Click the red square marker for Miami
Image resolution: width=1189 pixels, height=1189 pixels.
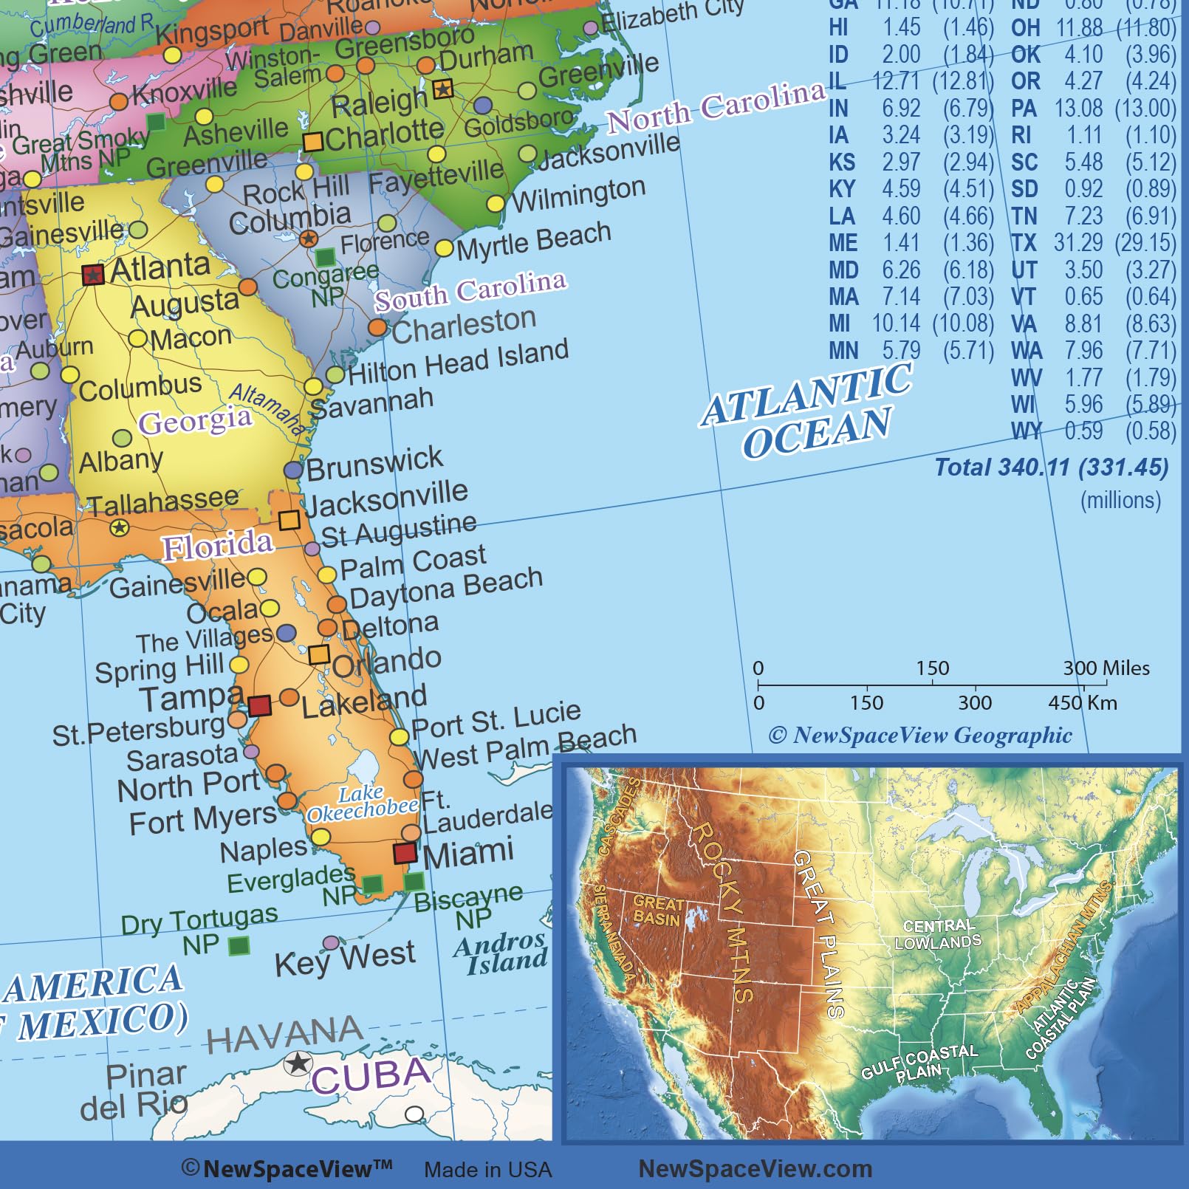pyautogui.click(x=405, y=852)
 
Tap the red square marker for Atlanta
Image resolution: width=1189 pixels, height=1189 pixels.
pyautogui.click(x=92, y=275)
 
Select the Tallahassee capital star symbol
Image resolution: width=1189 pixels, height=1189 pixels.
pyautogui.click(x=119, y=527)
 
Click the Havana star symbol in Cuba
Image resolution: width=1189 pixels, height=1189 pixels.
pyautogui.click(x=298, y=1063)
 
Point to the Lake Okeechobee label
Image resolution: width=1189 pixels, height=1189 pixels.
pyautogui.click(x=362, y=803)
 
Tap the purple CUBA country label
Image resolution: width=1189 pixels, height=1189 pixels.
pyautogui.click(x=371, y=1075)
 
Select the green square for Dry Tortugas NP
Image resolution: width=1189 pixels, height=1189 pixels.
pyautogui.click(x=239, y=945)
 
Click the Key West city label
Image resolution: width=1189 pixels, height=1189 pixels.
pyautogui.click(x=345, y=959)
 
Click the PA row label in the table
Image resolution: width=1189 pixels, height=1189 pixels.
pyautogui.click(x=1024, y=109)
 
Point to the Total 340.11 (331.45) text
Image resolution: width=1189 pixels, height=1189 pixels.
pyautogui.click(x=1052, y=467)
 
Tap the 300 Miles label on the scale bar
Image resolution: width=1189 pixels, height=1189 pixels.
pyautogui.click(x=1106, y=668)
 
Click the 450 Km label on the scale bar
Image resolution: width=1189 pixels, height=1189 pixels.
pyautogui.click(x=1082, y=702)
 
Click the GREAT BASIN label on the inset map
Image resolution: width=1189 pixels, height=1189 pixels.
pyautogui.click(x=657, y=910)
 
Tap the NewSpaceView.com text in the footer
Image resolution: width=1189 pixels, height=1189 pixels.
pyautogui.click(x=755, y=1168)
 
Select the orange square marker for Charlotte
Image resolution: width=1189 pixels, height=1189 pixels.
pyautogui.click(x=313, y=142)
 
